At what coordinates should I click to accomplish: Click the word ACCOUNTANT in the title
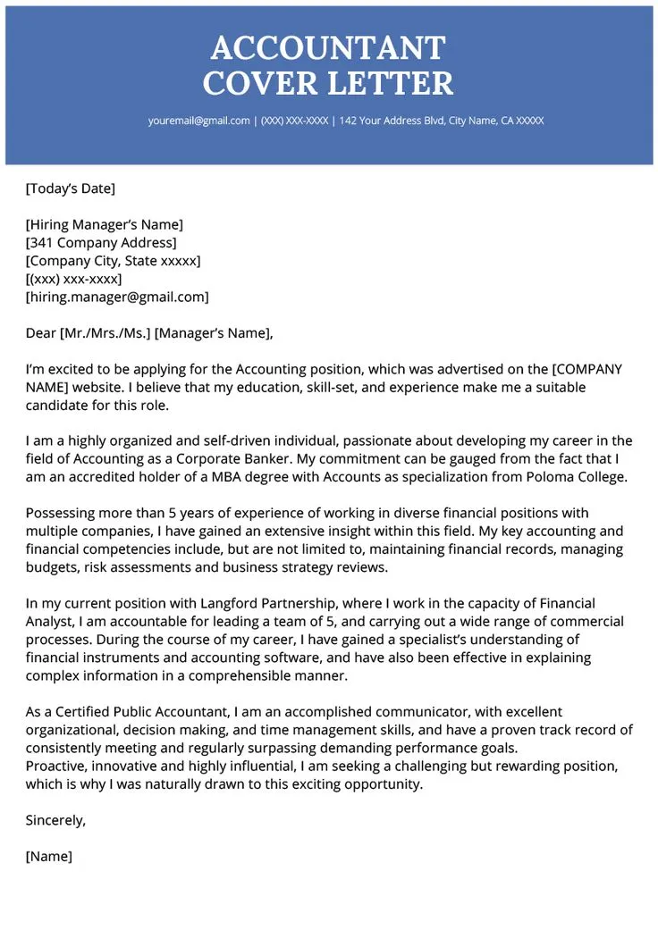pyautogui.click(x=328, y=47)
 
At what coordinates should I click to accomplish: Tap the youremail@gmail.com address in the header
pyautogui.click(x=199, y=121)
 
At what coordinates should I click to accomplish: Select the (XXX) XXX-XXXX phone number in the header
pyautogui.click(x=294, y=121)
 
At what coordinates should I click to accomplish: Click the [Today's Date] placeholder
pyautogui.click(x=71, y=189)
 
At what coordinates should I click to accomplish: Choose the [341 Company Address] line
pyautogui.click(x=101, y=242)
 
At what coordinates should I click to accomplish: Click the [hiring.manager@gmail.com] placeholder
pyautogui.click(x=117, y=297)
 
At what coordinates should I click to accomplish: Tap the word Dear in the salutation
pyautogui.click(x=41, y=333)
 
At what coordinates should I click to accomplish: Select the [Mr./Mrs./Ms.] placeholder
pyautogui.click(x=105, y=333)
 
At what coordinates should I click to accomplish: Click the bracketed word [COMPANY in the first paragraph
pyautogui.click(x=587, y=369)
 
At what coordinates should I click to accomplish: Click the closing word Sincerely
pyautogui.click(x=55, y=820)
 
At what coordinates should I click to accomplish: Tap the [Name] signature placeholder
pyautogui.click(x=49, y=856)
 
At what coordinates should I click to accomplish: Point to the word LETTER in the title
pyautogui.click(x=392, y=83)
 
